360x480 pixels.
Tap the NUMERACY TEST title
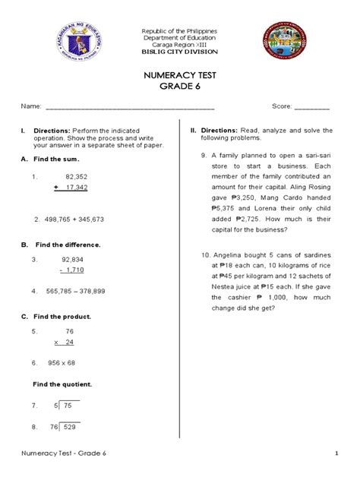[x=180, y=75]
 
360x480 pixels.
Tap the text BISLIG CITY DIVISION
[x=180, y=51]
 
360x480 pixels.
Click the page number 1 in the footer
[x=335, y=454]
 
